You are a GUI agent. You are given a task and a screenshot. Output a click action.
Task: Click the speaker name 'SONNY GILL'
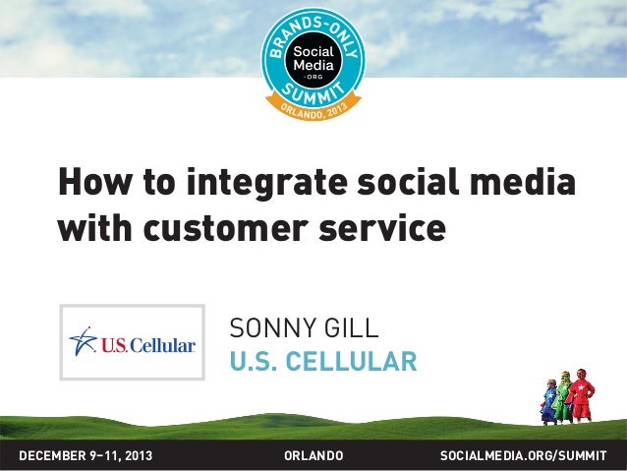pos(303,327)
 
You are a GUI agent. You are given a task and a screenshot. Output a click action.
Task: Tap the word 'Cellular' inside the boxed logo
pos(161,345)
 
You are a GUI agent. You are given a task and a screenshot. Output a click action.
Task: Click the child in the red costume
pos(582,395)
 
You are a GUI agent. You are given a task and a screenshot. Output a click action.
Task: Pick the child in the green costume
pos(563,399)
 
